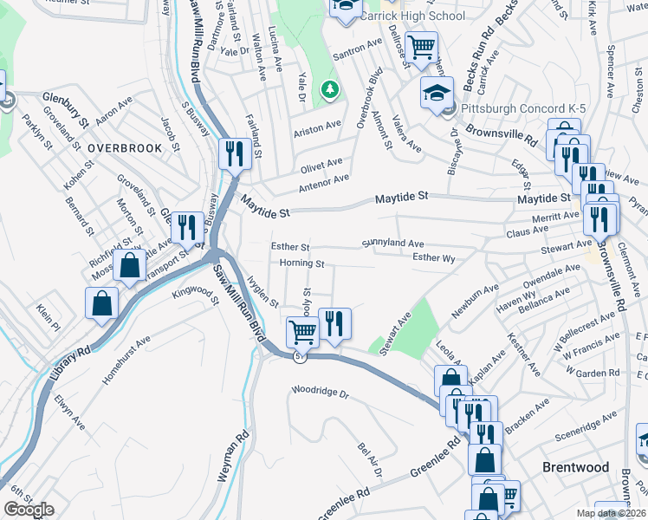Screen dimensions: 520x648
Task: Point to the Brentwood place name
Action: coord(575,467)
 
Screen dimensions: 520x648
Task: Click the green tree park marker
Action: coord(329,88)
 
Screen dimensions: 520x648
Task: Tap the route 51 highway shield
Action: coord(299,356)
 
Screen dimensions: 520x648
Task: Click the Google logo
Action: coord(29,510)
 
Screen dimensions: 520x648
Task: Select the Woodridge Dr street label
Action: coord(320,393)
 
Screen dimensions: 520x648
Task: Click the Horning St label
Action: coord(302,263)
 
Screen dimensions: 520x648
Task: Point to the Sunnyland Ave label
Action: coord(392,244)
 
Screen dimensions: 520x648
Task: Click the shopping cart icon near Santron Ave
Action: coord(421,47)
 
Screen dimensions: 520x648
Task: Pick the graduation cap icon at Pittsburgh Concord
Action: coord(437,93)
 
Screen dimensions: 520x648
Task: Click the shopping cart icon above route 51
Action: coord(302,330)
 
